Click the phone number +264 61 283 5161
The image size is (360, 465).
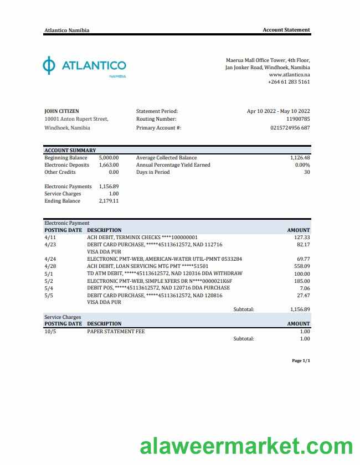point(289,82)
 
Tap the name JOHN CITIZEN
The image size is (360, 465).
point(61,111)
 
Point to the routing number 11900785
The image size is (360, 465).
point(298,119)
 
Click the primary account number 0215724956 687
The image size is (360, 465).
point(290,128)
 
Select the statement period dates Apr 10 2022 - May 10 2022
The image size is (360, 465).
point(278,111)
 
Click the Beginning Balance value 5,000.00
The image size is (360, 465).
point(109,158)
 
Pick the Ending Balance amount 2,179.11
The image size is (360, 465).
point(109,201)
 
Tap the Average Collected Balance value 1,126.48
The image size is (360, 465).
point(300,158)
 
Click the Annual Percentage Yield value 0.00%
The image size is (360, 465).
point(302,165)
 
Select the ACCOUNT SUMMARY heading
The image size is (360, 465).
point(70,151)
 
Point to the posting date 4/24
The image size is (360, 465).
point(50,259)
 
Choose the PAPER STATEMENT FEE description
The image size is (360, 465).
point(116,331)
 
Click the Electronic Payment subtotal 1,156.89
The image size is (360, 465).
point(300,309)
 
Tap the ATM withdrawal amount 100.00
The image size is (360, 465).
point(302,273)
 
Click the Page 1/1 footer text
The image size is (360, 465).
point(301,361)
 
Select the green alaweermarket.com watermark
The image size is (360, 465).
point(246,446)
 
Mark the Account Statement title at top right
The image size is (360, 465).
point(286,30)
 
